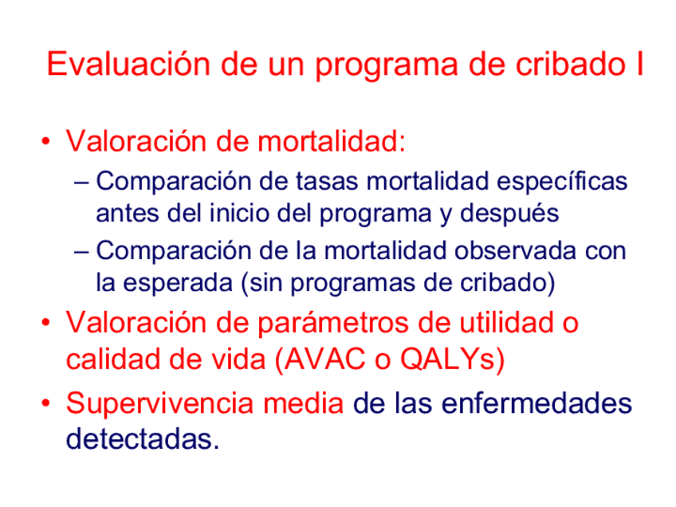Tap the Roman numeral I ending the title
(639, 65)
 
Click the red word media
(304, 403)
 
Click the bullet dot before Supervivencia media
(49, 404)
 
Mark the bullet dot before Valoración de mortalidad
(49, 144)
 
